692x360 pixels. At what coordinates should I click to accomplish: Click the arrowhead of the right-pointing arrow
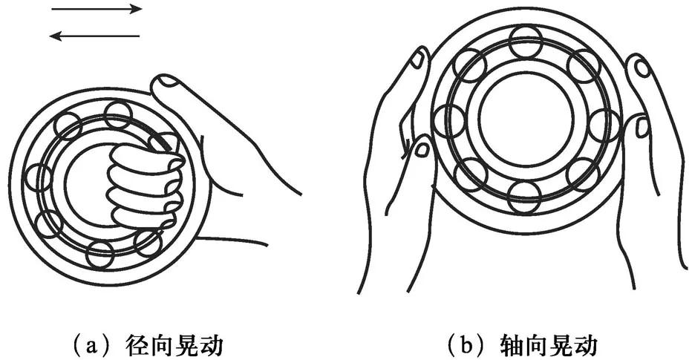[137, 9]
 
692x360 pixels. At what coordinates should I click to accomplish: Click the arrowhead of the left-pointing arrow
[55, 36]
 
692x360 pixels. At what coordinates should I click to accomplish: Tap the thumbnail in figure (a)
[166, 80]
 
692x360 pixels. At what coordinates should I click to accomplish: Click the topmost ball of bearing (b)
[525, 41]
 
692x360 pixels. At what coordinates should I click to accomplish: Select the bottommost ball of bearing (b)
[524, 197]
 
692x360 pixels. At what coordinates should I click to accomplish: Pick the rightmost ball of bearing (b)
[604, 125]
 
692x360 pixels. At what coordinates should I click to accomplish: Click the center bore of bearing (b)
[526, 119]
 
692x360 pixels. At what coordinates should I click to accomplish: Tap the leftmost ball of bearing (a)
[39, 177]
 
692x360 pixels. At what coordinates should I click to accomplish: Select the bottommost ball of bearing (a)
[100, 255]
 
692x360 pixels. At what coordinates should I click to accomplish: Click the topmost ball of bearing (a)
[118, 115]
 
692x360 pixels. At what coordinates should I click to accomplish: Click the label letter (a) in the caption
[91, 344]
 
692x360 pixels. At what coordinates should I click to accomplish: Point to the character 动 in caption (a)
[211, 345]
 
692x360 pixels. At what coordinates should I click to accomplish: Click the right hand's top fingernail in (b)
[641, 68]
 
